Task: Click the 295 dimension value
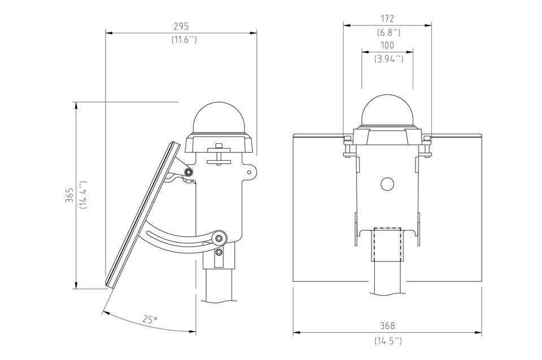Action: pos(181,26)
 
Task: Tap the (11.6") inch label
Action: pos(184,39)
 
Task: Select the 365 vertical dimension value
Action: pos(70,195)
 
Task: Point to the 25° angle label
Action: pos(150,319)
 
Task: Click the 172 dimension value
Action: pos(387,19)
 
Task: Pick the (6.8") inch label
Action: pos(388,33)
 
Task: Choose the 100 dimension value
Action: pos(387,45)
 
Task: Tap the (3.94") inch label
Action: pos(388,59)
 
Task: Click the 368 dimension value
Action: pos(387,326)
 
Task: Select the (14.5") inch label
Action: pos(388,341)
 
